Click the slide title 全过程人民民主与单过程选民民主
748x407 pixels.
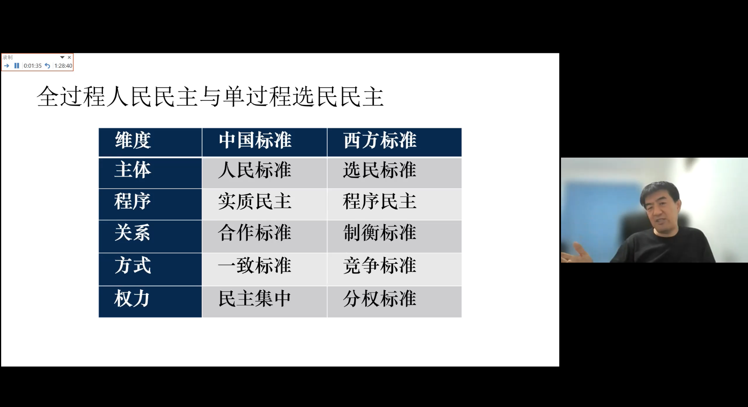point(210,96)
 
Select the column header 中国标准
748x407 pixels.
point(255,140)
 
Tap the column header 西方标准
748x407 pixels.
point(380,140)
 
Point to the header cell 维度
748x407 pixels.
point(133,140)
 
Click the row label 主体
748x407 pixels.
point(133,170)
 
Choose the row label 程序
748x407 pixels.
point(133,201)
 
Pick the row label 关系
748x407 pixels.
point(133,233)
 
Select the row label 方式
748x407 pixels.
point(133,266)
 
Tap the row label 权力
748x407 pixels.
point(133,299)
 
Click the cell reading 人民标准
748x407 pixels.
point(255,170)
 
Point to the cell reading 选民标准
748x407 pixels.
point(380,170)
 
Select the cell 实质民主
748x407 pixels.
point(255,201)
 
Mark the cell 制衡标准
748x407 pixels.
point(380,233)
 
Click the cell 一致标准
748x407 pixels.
point(255,266)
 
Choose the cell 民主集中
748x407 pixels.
point(255,299)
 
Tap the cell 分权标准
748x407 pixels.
point(380,299)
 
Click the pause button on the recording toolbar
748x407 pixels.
point(17,66)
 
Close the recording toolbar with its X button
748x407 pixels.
point(69,57)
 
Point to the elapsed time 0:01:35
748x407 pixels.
point(33,66)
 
